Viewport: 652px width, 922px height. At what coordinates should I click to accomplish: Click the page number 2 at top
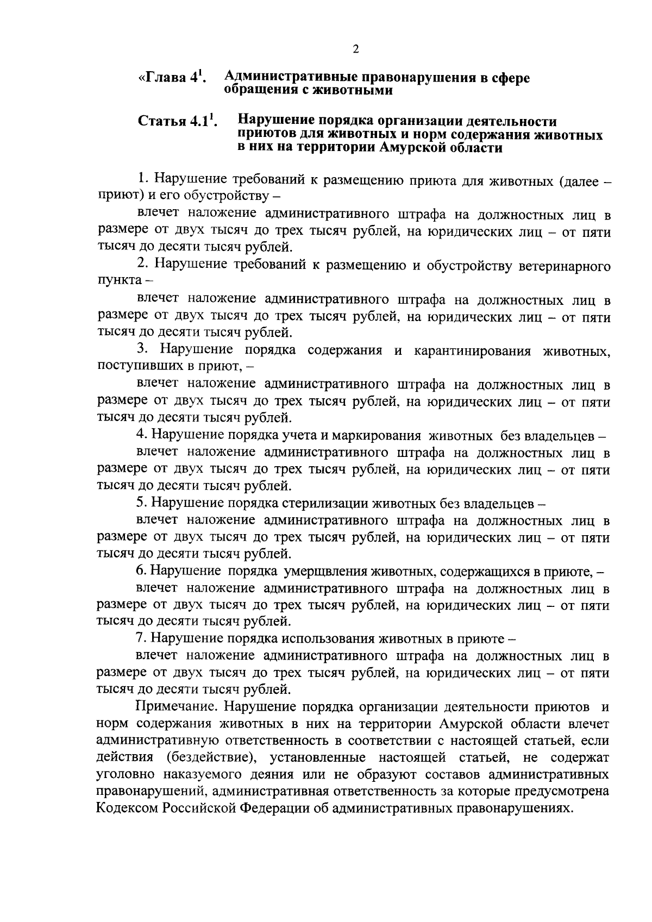355,49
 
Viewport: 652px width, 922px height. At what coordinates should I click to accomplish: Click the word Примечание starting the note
172,707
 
